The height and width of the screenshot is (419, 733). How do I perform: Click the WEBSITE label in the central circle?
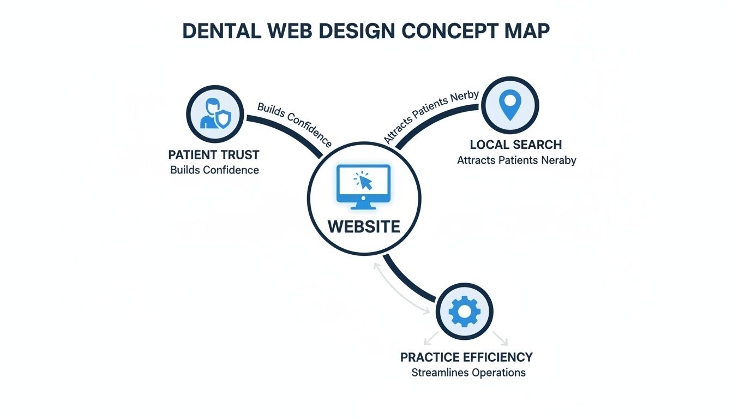pos(364,226)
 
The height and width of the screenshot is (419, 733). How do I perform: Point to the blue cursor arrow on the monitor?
pos(365,182)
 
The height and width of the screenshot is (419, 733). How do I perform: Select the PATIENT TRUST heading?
pos(214,154)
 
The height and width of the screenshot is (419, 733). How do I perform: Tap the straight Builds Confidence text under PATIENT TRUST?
pos(214,170)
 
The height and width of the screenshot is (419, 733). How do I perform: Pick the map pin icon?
pos(510,105)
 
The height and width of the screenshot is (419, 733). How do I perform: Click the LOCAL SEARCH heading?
pos(515,145)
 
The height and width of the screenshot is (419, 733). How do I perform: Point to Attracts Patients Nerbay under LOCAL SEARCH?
pos(516,160)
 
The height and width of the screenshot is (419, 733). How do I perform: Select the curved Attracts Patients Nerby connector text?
pos(431,117)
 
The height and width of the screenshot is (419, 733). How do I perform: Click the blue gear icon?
pos(464,312)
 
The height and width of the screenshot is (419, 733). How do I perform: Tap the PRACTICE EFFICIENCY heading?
pos(466,357)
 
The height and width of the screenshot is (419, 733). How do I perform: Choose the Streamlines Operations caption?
pos(468,373)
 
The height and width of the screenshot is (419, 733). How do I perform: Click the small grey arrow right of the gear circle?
pos(500,338)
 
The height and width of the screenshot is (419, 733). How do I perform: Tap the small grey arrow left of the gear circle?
pos(431,338)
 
